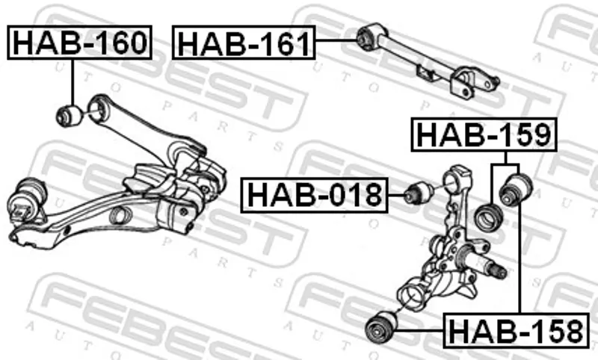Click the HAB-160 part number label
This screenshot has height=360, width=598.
click(x=80, y=43)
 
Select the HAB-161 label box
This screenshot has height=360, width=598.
click(x=244, y=43)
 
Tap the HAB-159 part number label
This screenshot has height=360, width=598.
click(x=484, y=135)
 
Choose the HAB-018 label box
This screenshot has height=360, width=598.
click(x=314, y=195)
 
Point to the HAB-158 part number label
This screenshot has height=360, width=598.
click(x=517, y=331)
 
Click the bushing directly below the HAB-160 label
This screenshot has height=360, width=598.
click(x=69, y=116)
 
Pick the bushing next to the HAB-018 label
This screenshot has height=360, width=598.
click(x=419, y=193)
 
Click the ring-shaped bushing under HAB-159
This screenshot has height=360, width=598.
click(x=489, y=218)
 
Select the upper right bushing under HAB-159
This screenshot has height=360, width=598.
click(x=516, y=190)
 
